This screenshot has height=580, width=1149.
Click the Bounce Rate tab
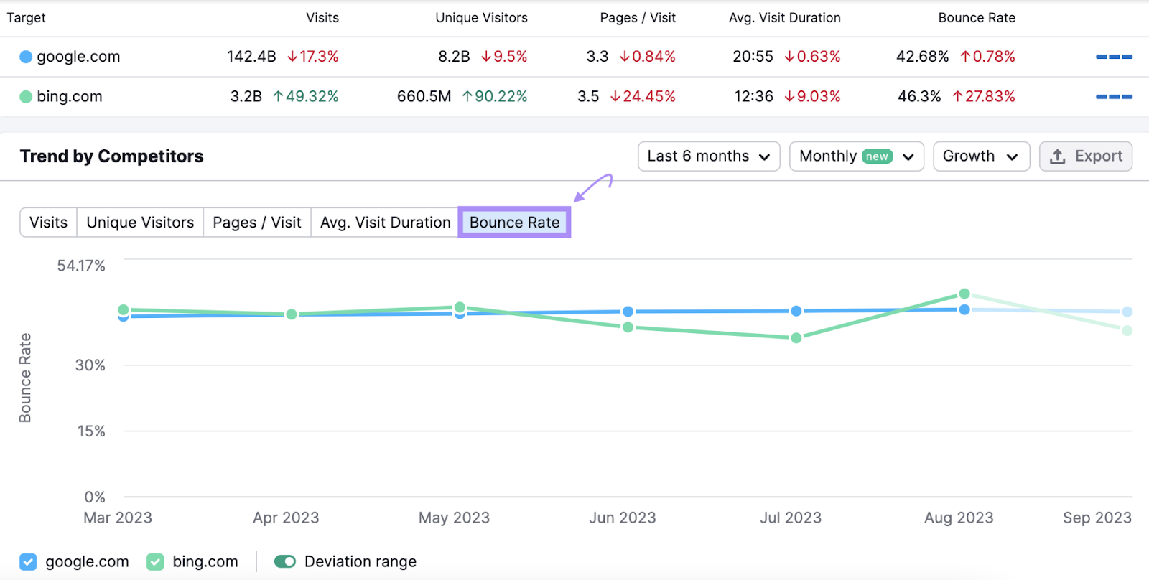(514, 223)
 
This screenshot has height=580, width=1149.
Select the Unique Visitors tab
(140, 223)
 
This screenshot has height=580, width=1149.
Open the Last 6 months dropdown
(708, 156)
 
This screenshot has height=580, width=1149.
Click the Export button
(1085, 156)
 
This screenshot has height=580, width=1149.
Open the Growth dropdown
(980, 156)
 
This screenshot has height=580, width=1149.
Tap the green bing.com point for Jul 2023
(796, 337)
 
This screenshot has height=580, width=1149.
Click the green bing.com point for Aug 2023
(964, 294)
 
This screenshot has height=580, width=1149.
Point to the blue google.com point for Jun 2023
(628, 312)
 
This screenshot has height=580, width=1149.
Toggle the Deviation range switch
(285, 561)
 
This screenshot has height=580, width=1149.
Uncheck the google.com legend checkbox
(28, 561)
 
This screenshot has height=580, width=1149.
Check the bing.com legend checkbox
(155, 561)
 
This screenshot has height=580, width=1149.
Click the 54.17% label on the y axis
(81, 266)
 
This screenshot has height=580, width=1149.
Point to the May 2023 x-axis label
(454, 518)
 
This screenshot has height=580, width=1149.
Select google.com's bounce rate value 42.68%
(922, 56)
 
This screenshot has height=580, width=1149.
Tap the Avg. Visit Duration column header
(784, 18)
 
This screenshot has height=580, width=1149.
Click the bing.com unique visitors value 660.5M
(424, 96)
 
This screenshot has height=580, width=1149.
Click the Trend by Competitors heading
(112, 156)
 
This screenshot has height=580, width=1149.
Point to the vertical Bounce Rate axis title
(25, 378)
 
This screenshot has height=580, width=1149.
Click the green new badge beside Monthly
(877, 156)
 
